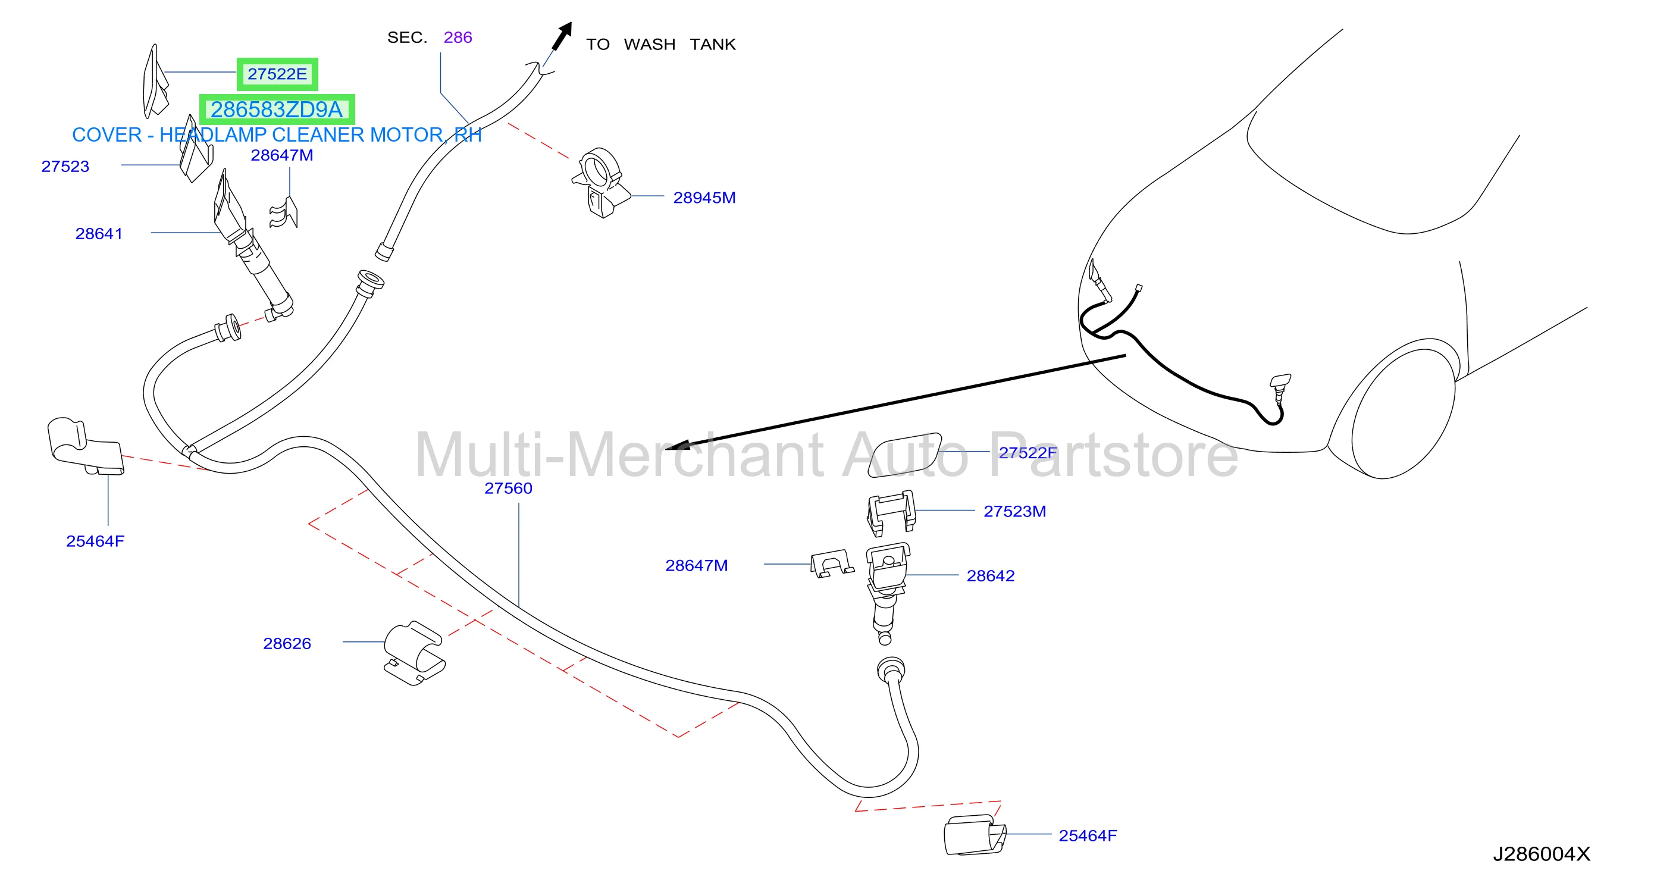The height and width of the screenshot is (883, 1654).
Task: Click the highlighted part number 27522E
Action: (x=277, y=74)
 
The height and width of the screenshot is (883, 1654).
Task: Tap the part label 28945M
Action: (x=704, y=198)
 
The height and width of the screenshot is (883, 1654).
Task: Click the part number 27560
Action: (x=509, y=488)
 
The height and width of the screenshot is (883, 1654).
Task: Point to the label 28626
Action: (x=287, y=643)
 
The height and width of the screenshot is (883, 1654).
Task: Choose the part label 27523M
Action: (x=1015, y=511)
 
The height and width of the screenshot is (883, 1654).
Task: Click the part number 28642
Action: (x=991, y=575)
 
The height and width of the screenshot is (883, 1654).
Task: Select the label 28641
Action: (x=99, y=234)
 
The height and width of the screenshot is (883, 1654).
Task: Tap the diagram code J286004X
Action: (x=1542, y=854)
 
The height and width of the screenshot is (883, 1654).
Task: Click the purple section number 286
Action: (x=458, y=37)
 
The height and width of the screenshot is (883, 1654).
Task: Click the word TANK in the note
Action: (x=713, y=44)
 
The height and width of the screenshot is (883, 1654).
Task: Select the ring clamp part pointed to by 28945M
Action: (x=601, y=183)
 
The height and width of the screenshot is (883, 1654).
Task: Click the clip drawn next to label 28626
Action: (x=415, y=653)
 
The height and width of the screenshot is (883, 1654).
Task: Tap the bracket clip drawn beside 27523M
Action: (x=891, y=512)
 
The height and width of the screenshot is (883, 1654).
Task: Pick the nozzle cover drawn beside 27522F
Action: (x=904, y=455)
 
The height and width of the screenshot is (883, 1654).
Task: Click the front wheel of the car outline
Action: (x=1403, y=414)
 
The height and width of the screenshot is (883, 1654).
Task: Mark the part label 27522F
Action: (x=1028, y=453)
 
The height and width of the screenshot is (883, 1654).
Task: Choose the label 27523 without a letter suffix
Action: (x=65, y=167)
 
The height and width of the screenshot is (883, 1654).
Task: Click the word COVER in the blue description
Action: (x=106, y=135)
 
